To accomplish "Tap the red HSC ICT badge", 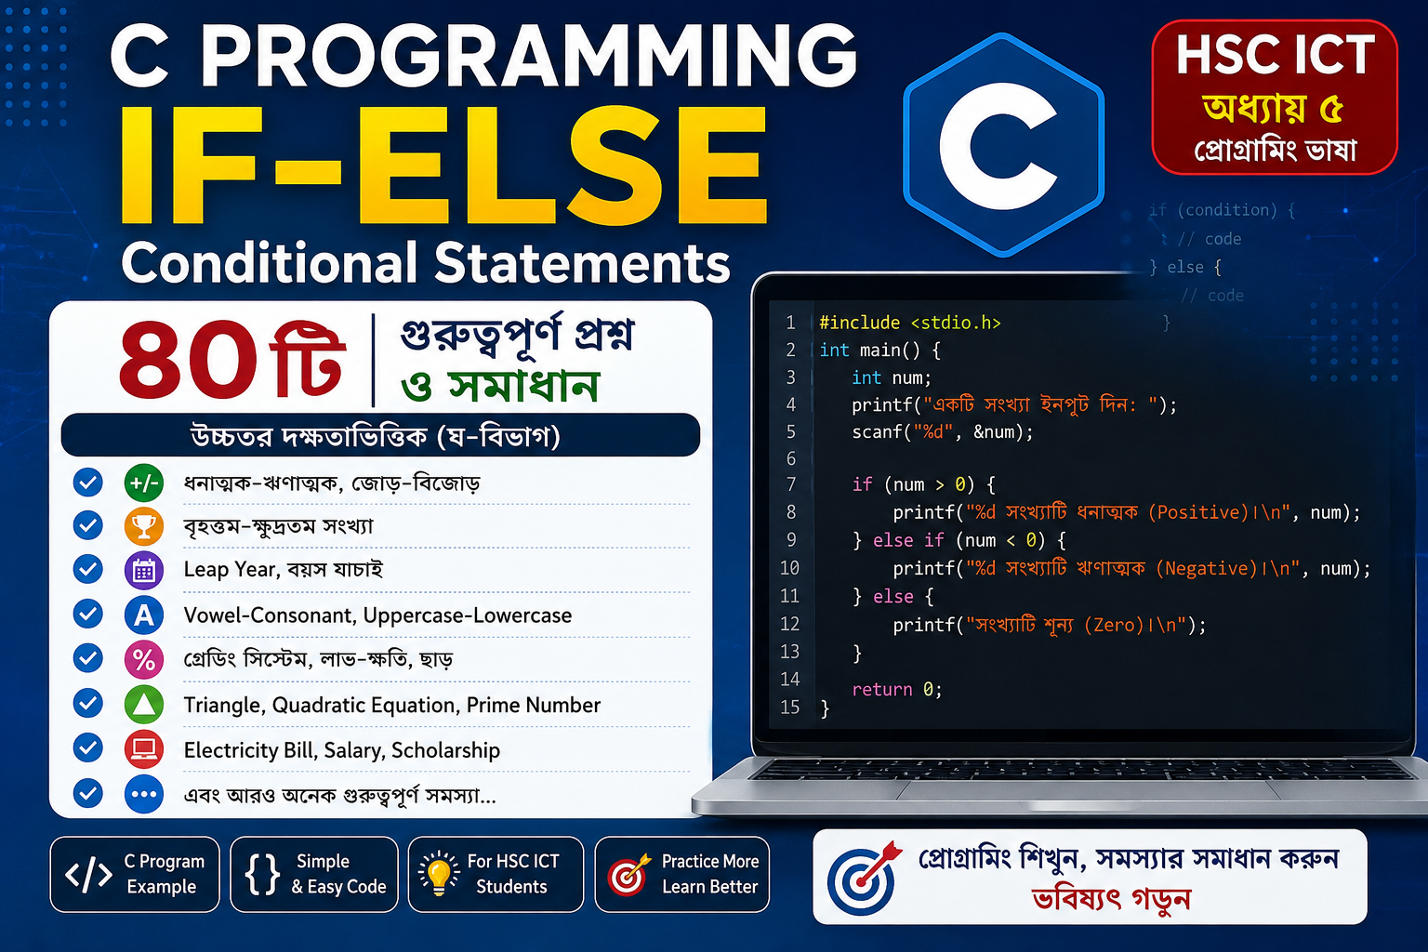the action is pos(1275,97).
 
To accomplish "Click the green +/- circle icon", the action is pos(143,483).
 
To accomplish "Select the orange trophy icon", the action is pos(143,526).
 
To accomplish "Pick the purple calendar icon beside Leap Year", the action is pos(143,570).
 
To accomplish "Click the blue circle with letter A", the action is pos(143,615).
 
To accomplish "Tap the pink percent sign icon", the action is pos(143,659).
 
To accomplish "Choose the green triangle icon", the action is pos(143,705).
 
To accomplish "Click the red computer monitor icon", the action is pos(143,749).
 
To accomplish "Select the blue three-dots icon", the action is pos(143,795).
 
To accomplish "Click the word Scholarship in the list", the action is pos(445,751).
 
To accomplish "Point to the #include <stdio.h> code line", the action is pos(910,323).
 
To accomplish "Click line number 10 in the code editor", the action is pos(790,567).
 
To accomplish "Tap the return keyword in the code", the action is pos(882,689).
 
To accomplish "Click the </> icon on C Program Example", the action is pos(88,874).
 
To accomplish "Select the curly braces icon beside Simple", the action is pos(263,874).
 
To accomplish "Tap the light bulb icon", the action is pos(439,873).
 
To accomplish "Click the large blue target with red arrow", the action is pos(863,878).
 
